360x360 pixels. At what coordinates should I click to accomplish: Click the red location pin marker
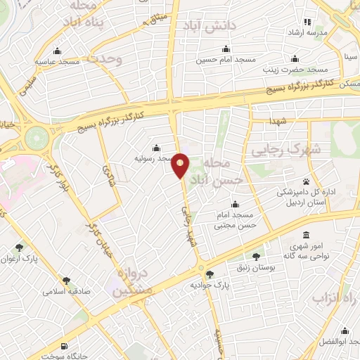pyautogui.click(x=181, y=165)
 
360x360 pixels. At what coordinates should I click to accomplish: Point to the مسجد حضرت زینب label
pyautogui.click(x=295, y=70)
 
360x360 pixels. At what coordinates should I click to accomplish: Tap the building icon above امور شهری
pyautogui.click(x=306, y=236)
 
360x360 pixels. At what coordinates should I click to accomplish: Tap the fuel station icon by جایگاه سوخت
pyautogui.click(x=64, y=345)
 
